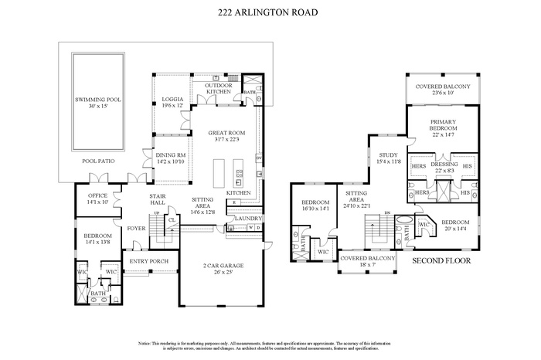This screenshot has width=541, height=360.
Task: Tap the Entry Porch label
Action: [149, 261]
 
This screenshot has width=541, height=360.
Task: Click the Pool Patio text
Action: [98, 161]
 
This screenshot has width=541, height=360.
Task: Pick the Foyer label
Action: [136, 229]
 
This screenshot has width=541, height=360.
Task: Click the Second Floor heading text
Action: [441, 260]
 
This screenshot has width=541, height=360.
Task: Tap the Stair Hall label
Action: [158, 200]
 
